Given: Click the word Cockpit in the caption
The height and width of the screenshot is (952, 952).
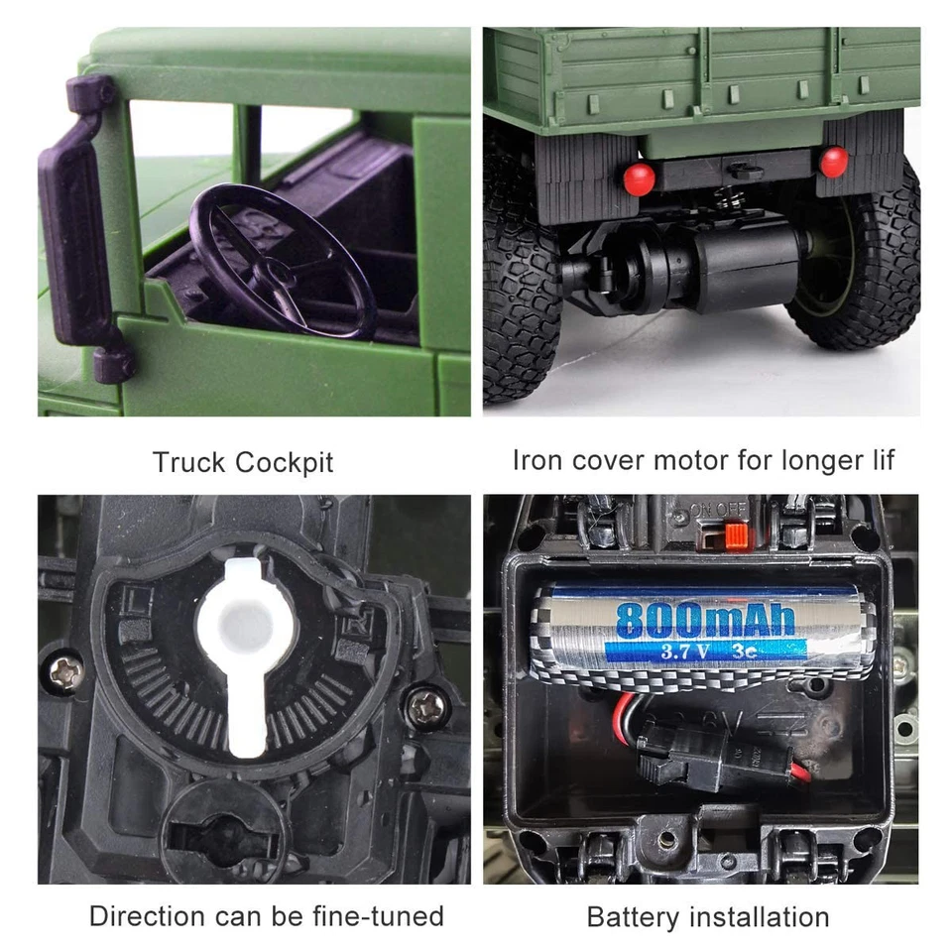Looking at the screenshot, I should pos(286,462).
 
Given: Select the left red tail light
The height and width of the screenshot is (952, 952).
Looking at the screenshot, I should pos(640,178).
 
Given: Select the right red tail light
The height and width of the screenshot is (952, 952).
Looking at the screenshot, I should pos(834,161).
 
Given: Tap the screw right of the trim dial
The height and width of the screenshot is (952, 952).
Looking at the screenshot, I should pos(425,705).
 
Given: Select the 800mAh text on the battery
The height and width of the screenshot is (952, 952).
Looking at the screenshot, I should pos(705,619).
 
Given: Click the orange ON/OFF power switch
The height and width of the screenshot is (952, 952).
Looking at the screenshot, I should pos(735,535).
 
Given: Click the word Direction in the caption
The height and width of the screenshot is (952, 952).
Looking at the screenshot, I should pos(149,916).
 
